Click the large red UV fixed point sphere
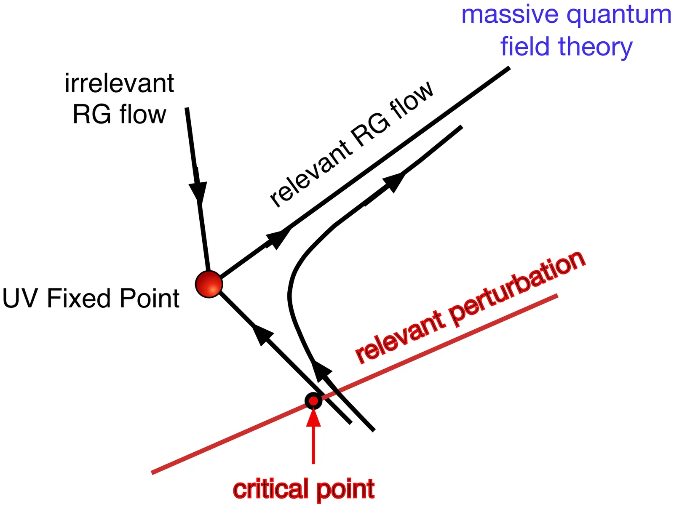click(x=209, y=284)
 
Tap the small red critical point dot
click(x=313, y=400)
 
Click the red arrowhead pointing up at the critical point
click(x=313, y=417)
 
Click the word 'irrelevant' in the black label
click(x=119, y=83)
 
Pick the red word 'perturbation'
click(x=518, y=290)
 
